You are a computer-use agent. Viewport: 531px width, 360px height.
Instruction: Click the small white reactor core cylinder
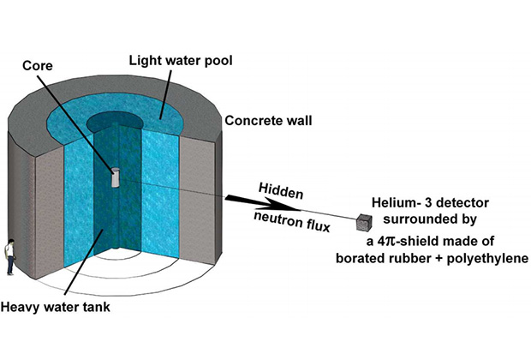(x=114, y=176)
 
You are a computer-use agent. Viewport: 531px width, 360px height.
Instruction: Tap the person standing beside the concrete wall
(x=9, y=255)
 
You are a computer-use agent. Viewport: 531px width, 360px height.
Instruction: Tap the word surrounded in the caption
(x=418, y=221)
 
